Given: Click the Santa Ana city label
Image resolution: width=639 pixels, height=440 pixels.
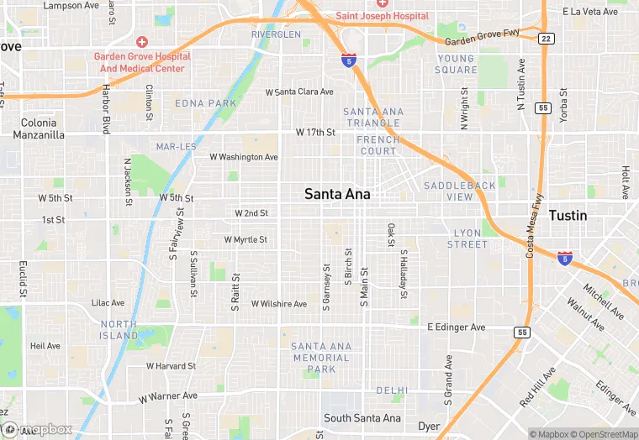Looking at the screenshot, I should pos(337,194).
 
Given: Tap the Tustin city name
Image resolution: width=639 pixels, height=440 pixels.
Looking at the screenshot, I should pos(568,216).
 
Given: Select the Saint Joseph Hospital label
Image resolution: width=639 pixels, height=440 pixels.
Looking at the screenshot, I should pos(383,16).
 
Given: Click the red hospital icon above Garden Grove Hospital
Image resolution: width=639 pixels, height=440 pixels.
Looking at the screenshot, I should pos(142,41).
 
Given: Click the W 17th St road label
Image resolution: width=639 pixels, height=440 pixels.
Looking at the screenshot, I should pos(315,133).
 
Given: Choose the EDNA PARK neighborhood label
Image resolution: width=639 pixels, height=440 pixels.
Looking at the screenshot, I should pos(206,103).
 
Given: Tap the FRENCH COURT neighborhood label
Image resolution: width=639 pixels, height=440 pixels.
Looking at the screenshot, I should pos(377,145).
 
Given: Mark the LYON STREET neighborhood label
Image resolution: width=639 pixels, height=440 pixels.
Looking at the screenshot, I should pos(467,238).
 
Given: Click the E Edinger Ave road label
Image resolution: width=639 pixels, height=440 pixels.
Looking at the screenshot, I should pos(457,327).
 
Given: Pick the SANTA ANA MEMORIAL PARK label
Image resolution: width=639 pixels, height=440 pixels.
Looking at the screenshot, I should pos(321,358).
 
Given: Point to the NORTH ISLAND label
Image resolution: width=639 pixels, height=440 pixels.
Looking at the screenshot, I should pos(119,330).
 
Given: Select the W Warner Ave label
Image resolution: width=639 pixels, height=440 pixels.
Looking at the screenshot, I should pos(168,396).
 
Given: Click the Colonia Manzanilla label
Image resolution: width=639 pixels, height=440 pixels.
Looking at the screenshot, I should pos(40,128).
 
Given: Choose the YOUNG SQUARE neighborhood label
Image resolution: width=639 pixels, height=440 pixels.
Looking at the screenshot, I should pos(457,64).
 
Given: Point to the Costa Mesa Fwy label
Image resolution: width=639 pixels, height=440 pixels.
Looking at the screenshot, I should pos(534,226).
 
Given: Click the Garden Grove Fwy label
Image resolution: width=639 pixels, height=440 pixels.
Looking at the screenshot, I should pos(482,39).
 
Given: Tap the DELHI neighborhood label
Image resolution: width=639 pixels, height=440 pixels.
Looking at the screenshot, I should pos(392,390).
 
